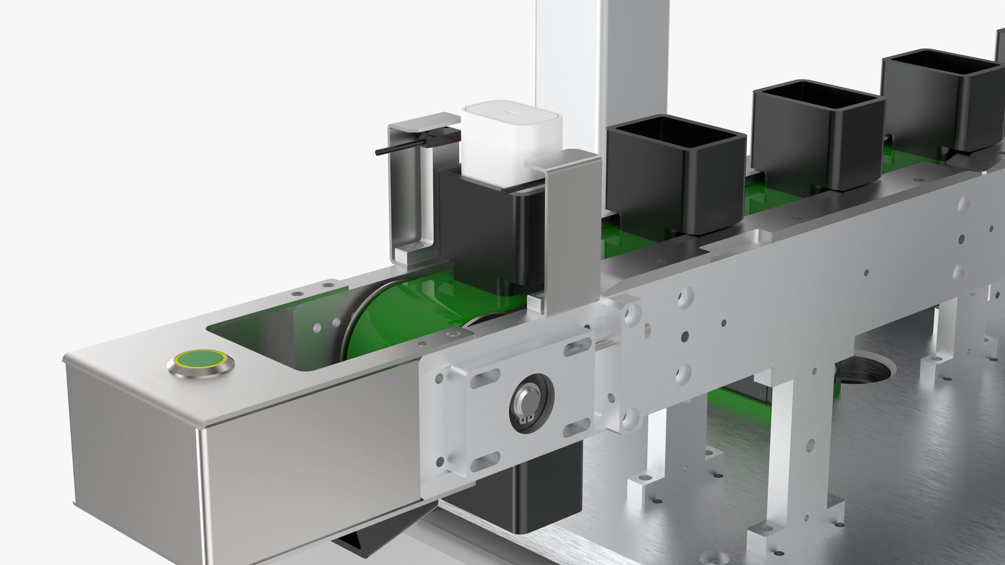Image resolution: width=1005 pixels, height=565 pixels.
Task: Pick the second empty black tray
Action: [x=817, y=133]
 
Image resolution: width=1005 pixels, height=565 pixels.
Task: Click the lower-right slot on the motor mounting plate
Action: [x=576, y=428]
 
